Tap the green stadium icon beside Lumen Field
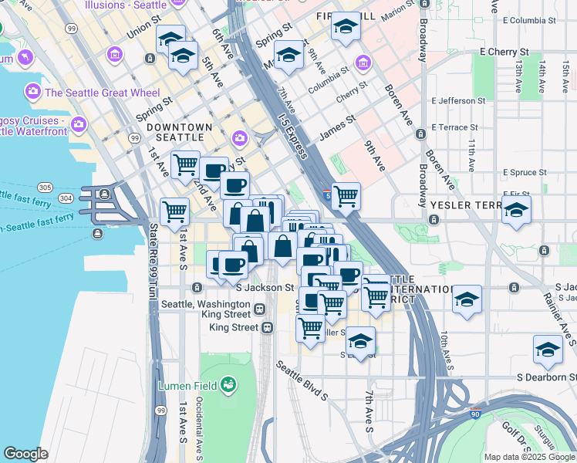coord(228,384)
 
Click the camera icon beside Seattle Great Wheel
coord(32,91)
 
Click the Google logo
coord(25,453)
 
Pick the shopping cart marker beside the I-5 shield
coord(346,195)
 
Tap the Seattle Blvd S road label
coord(302,383)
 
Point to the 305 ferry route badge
coord(45,188)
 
